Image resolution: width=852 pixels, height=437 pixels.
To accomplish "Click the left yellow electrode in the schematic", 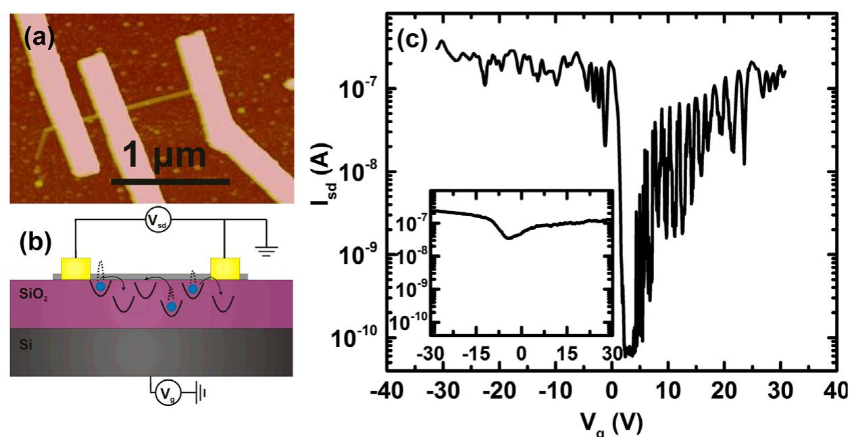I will pyautogui.click(x=75, y=269).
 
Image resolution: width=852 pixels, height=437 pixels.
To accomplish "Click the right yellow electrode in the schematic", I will pyautogui.click(x=224, y=269).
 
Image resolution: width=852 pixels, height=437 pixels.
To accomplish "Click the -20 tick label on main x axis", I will pyautogui.click(x=498, y=392).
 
